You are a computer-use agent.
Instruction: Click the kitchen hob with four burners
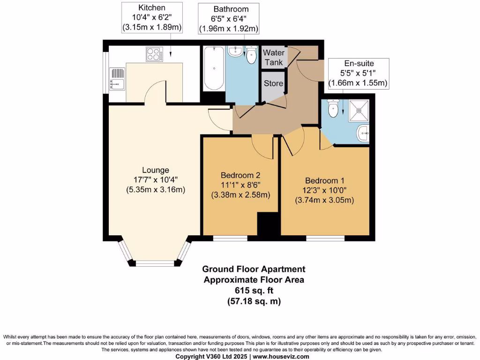coord(154,55)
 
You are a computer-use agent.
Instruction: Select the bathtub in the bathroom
coord(214,69)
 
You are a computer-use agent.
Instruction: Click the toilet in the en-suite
coord(334,109)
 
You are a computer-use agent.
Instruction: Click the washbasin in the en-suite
coord(363,134)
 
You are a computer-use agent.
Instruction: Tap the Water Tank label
coord(274,57)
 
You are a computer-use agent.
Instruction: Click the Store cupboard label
coord(273,83)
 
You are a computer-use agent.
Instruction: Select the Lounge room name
coord(156,170)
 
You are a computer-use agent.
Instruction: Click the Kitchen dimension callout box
coord(152,18)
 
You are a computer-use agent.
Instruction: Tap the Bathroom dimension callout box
coord(228,19)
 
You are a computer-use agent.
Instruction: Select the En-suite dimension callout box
coord(358,73)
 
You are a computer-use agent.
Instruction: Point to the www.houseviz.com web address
coord(281,356)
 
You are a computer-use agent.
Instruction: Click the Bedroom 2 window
coord(230,238)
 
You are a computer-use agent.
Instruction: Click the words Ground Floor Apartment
coord(254,269)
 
